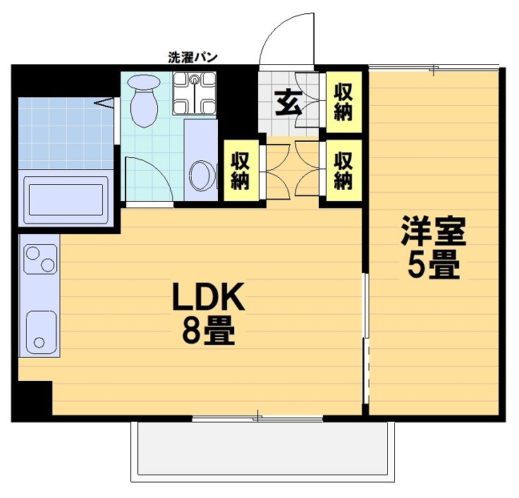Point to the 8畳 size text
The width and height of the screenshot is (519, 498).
(209, 332)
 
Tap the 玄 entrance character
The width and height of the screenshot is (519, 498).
(287, 104)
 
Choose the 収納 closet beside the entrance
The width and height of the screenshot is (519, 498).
(343, 102)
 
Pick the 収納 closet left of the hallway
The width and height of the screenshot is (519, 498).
(240, 171)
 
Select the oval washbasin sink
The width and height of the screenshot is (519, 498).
(202, 174)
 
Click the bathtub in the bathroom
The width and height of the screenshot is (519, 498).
(66, 198)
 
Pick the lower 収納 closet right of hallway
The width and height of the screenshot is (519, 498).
(343, 171)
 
